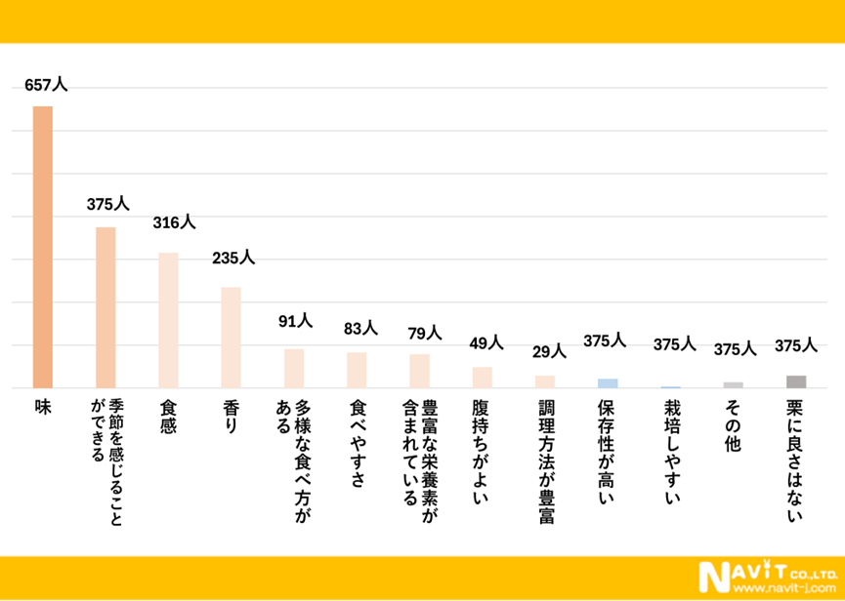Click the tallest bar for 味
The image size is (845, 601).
43,247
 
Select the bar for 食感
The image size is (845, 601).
168,320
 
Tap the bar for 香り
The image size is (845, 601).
231,338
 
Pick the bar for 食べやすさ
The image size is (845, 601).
357,371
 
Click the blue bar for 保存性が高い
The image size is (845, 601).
608,383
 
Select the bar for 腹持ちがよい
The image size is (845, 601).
483,378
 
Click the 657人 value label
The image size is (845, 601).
46,86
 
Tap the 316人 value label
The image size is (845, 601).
175,223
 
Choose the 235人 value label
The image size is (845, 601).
233,258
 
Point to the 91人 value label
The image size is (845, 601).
294,319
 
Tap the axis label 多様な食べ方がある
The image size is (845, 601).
294,439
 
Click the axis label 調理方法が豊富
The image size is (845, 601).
545,459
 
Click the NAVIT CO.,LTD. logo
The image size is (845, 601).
765,573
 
